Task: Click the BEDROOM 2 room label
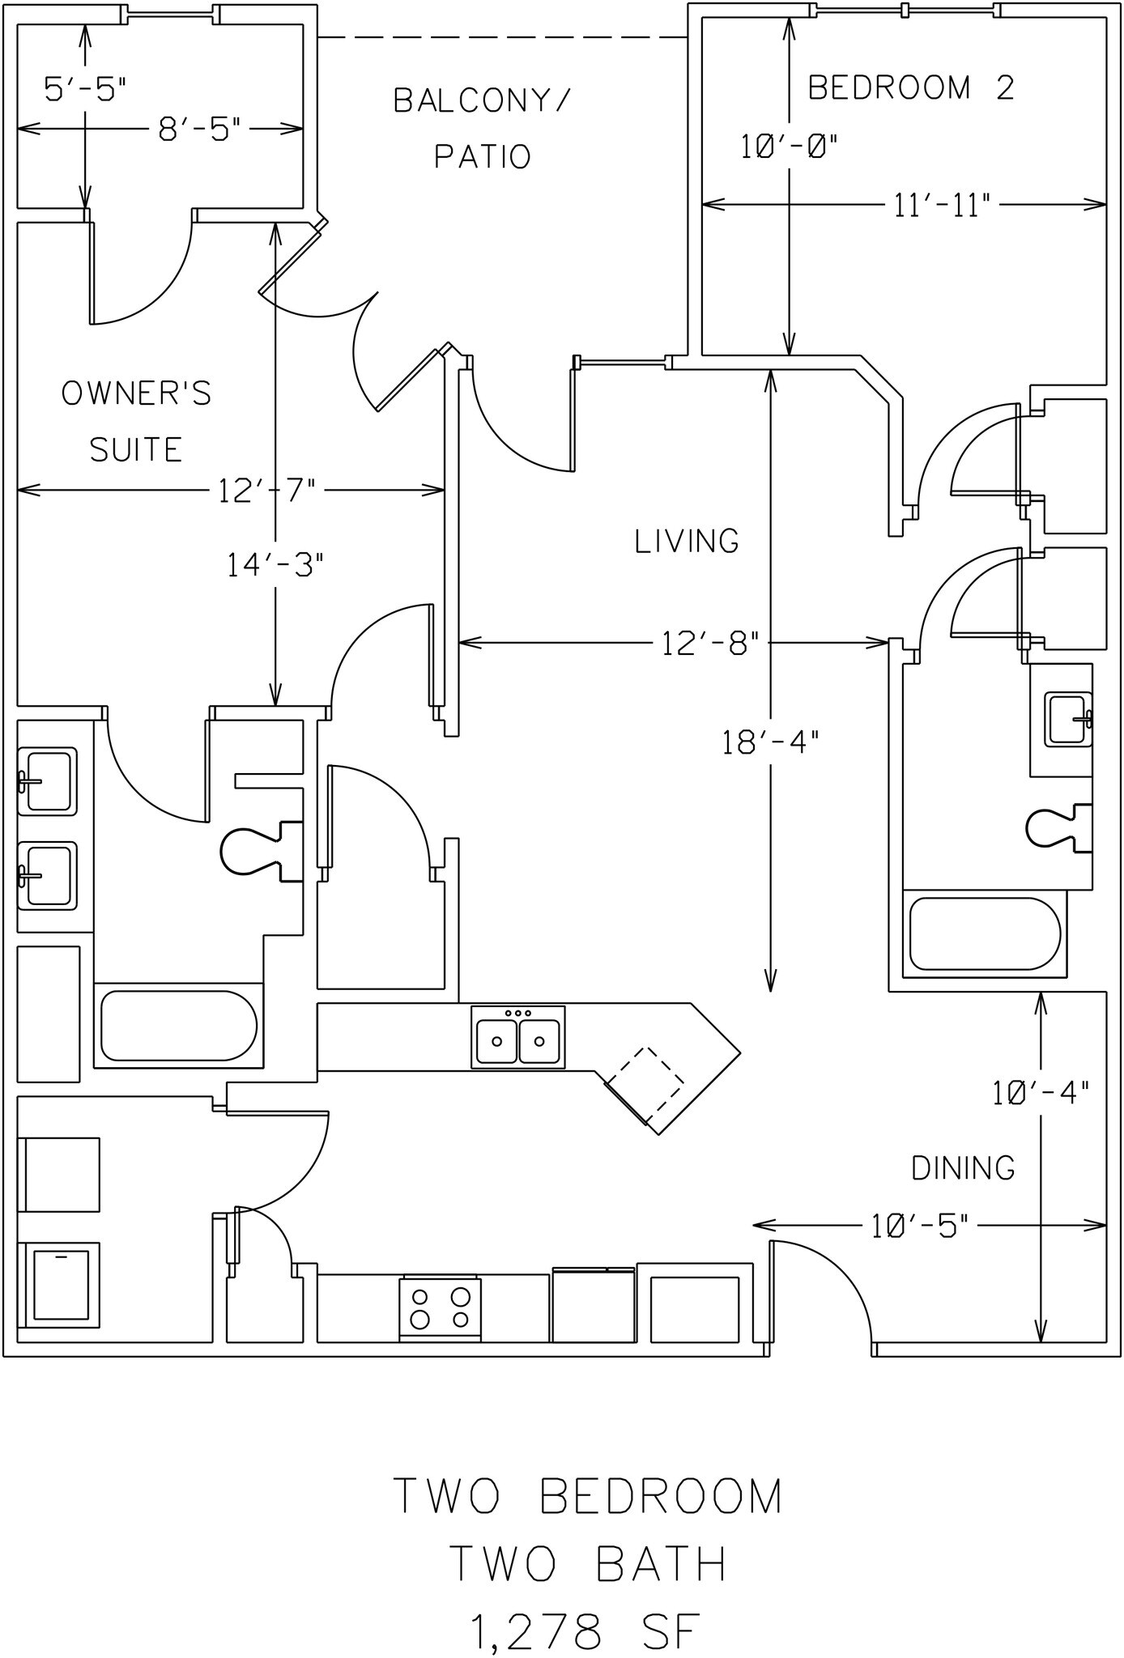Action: click(911, 87)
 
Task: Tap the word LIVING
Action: click(687, 541)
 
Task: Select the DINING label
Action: click(963, 1168)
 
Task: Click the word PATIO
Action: click(483, 156)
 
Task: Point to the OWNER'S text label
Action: click(136, 393)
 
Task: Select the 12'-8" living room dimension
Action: click(709, 644)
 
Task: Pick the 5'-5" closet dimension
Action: click(85, 89)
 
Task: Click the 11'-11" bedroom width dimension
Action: click(942, 206)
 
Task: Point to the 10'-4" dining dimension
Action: click(1041, 1093)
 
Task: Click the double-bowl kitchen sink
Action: click(517, 1037)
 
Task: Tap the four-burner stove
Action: click(440, 1308)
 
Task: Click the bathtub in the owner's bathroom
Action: click(178, 1026)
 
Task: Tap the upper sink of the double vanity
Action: click(47, 781)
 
